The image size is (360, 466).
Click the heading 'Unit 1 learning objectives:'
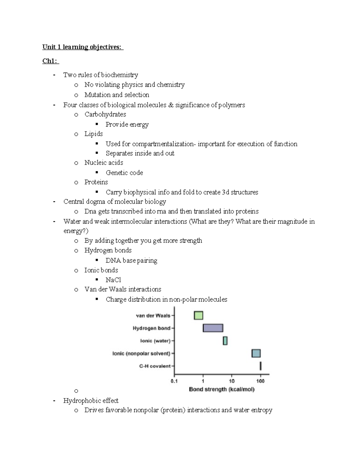(x=82, y=47)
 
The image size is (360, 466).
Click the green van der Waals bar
(x=198, y=315)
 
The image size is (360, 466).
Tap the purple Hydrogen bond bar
(x=213, y=328)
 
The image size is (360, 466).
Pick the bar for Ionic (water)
(x=225, y=341)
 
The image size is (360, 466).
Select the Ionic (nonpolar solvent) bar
(x=256, y=353)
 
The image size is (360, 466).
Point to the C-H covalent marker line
(x=260, y=366)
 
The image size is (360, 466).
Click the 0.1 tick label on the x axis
(x=174, y=381)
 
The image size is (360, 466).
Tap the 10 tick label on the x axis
(x=232, y=381)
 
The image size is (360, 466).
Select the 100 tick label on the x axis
(x=260, y=381)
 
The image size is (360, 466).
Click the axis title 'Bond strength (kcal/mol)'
(x=222, y=389)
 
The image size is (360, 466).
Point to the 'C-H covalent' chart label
(x=155, y=366)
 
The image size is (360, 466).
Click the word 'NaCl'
(x=113, y=280)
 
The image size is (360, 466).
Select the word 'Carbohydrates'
(x=105, y=114)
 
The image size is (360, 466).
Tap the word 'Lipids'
(x=94, y=134)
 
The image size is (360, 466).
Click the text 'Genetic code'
(x=124, y=173)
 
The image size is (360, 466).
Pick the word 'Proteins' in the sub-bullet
(x=96, y=182)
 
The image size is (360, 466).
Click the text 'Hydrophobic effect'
(x=91, y=401)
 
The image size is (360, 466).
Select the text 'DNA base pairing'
(x=131, y=260)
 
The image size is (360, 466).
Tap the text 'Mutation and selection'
(x=117, y=95)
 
